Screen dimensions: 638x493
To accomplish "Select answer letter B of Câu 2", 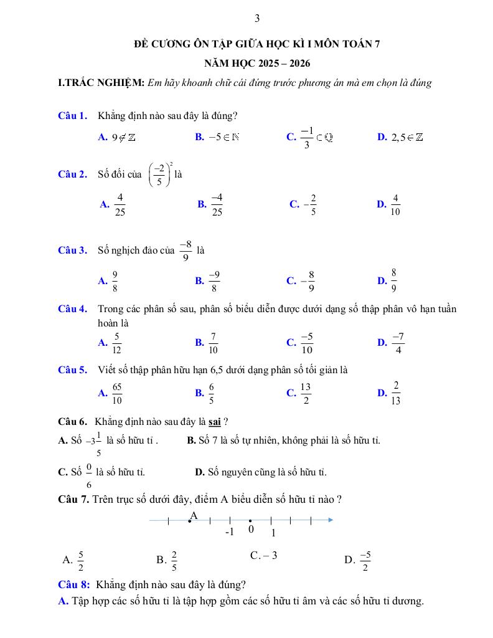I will click(202, 204).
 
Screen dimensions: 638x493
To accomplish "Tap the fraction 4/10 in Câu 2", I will click(395, 204).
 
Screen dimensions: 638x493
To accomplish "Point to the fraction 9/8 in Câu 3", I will click(115, 281).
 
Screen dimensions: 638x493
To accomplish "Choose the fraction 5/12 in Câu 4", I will click(116, 343).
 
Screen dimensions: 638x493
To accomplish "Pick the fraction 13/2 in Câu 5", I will click(306, 393).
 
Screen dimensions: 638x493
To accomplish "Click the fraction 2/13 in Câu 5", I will click(396, 393).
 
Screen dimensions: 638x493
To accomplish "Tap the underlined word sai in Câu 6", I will click(215, 421).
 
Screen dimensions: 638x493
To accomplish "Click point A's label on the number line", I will click(194, 515).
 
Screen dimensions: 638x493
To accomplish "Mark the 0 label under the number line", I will click(251, 530).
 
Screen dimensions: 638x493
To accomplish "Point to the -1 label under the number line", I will click(229, 533).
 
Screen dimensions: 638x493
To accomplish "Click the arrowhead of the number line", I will click(330, 520).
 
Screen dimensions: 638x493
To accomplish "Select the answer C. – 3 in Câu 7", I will click(263, 555).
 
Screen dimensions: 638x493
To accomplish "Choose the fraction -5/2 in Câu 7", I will click(365, 561).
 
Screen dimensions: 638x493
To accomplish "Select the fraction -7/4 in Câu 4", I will click(398, 343).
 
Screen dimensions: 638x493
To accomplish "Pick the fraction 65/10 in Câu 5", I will click(117, 393).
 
